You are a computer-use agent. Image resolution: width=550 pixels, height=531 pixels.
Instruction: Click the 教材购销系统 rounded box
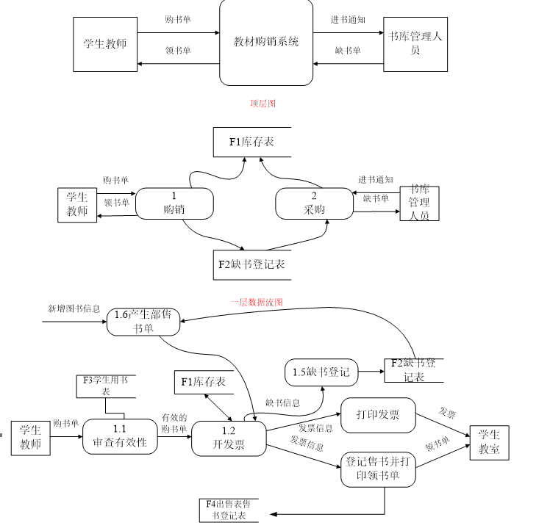pos(266,43)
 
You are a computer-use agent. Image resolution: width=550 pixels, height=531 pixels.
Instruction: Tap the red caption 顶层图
pos(262,104)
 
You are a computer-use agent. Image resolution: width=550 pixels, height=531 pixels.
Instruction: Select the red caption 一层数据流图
pos(256,302)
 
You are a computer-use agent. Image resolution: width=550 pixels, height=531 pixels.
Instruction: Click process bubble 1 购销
pos(174,203)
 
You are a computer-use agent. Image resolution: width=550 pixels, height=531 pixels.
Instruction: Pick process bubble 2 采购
pos(314,203)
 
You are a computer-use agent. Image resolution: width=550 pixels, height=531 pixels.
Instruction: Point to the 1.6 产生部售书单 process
pos(143,322)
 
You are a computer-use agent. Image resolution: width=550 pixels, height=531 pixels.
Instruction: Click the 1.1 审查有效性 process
pos(120,436)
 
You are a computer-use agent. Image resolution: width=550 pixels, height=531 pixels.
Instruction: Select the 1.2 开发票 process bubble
pos(229,438)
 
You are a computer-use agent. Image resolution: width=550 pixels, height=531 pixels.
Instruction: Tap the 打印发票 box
pos(378,415)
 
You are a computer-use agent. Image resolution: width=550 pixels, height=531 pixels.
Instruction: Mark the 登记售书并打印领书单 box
pos(378,469)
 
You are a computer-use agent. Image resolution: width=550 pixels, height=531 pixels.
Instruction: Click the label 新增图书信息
pos(74,308)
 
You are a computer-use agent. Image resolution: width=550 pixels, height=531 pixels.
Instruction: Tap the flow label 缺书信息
pos(282,402)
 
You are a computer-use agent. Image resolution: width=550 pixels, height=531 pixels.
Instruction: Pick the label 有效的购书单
pos(174,423)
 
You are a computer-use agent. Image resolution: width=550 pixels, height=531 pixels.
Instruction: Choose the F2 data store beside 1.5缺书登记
pos(413,369)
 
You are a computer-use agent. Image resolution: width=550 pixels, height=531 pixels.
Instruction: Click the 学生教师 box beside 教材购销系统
pos(105,44)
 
